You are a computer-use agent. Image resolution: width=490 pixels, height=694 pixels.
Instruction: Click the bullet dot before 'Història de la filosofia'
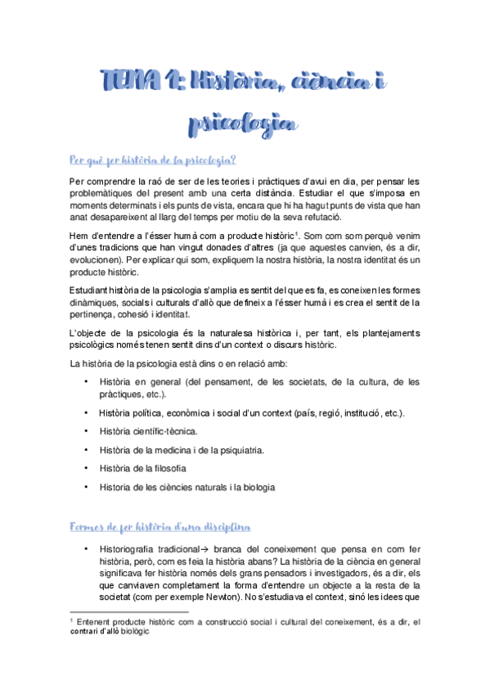pos(86,468)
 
